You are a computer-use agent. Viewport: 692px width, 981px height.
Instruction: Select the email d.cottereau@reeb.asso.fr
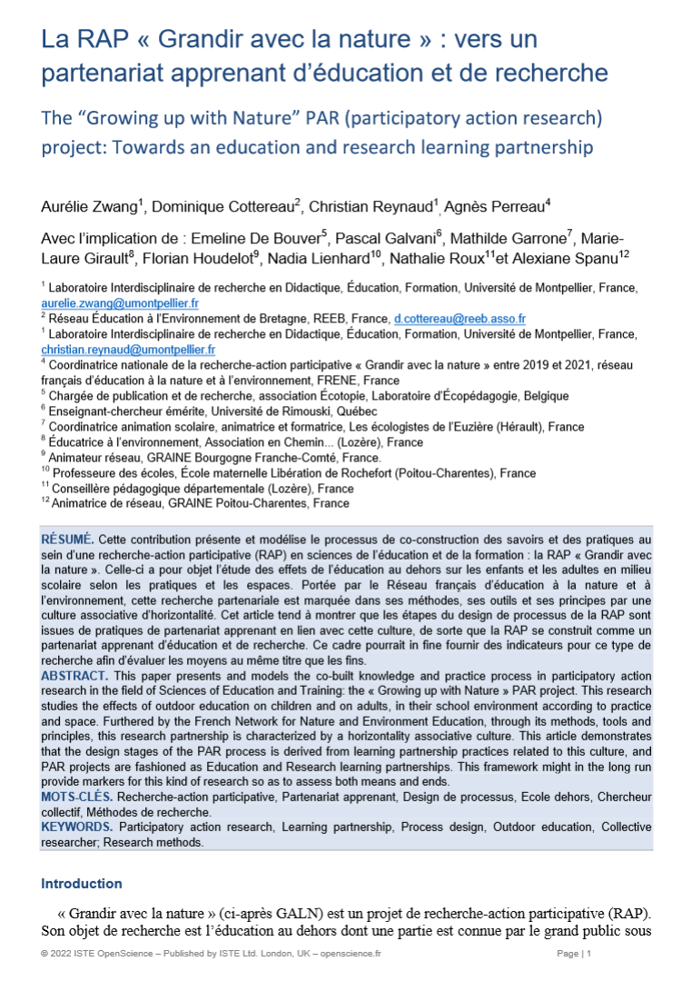click(x=459, y=319)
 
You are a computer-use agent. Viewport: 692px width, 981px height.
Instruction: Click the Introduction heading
click(x=82, y=884)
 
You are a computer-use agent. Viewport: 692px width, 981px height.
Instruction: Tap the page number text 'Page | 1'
click(x=573, y=954)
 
